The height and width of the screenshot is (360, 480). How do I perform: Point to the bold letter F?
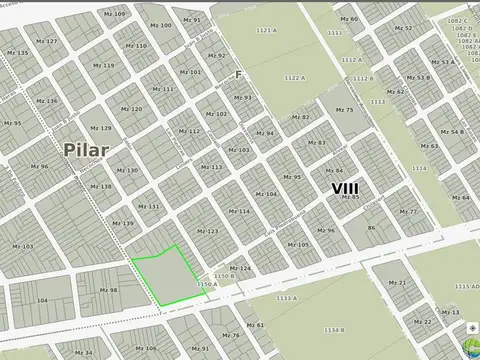click(x=238, y=75)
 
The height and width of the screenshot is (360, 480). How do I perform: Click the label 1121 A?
click(x=265, y=31)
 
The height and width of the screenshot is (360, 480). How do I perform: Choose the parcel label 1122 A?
click(x=293, y=78)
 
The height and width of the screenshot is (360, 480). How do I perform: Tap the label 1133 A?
click(x=286, y=297)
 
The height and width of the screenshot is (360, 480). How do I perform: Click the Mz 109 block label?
click(x=114, y=14)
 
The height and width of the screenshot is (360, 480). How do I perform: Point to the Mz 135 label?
click(x=17, y=53)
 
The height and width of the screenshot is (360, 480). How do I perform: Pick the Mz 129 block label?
click(x=100, y=128)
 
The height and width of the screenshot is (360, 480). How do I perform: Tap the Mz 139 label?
click(x=122, y=223)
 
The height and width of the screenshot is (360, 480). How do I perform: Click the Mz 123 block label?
click(x=207, y=231)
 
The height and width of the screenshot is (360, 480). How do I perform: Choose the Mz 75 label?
click(x=343, y=110)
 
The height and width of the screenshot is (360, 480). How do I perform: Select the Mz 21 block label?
click(x=397, y=283)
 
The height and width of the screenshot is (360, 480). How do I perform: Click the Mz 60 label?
click(x=348, y=19)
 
